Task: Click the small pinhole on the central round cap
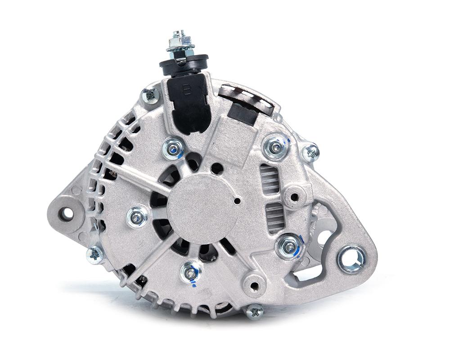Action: (236, 200)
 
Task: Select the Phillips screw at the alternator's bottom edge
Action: (255, 311)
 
